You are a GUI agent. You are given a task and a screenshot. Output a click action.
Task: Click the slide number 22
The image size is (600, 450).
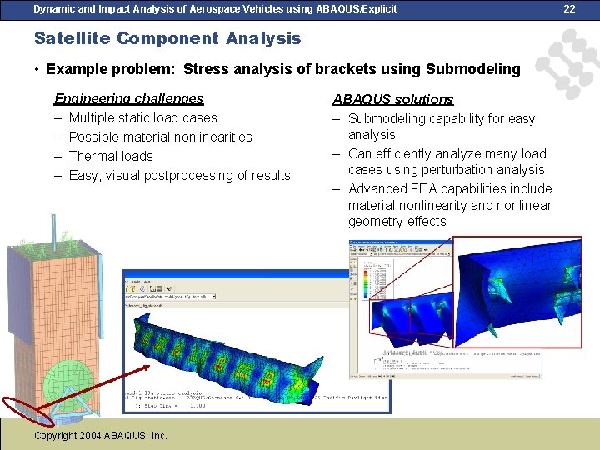tap(570, 8)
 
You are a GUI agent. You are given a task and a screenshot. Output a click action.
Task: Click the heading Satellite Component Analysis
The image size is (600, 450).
tap(167, 38)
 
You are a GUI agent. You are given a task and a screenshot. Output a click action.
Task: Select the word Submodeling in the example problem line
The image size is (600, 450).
tap(472, 69)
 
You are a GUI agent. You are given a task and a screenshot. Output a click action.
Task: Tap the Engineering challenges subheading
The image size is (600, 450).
tap(128, 98)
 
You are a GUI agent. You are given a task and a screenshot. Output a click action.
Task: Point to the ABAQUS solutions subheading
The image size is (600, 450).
tap(393, 99)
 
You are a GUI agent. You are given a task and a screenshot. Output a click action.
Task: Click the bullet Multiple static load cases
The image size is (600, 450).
tap(142, 117)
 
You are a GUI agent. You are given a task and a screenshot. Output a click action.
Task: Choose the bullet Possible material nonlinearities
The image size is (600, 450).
tap(160, 137)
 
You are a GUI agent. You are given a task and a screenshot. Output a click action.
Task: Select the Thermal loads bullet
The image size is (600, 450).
tap(111, 156)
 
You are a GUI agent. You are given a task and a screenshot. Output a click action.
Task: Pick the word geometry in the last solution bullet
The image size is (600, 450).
tap(376, 221)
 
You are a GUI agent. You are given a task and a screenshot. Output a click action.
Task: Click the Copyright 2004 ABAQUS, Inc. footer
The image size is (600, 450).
tap(101, 435)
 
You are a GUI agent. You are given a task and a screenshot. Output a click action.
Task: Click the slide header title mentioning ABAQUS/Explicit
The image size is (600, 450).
tap(215, 8)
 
